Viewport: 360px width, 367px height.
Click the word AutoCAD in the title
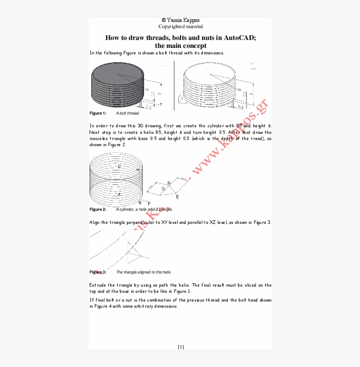[x=239, y=38]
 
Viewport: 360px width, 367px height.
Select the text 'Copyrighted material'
[x=180, y=26]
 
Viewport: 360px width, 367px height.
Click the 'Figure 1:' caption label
[x=98, y=113]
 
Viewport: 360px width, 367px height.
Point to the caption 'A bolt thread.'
[x=128, y=113]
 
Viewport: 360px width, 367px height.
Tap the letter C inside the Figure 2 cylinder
[x=119, y=167]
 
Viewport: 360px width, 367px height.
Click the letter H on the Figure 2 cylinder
[x=138, y=169]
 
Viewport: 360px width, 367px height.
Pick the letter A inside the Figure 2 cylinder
[x=119, y=194]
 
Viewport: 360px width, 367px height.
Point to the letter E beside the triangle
[x=177, y=197]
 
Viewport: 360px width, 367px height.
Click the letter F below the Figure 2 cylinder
[x=149, y=204]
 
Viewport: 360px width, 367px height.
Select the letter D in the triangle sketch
[x=163, y=189]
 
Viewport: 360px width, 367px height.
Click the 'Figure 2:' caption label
[x=98, y=209]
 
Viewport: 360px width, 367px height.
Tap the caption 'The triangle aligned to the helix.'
[x=144, y=272]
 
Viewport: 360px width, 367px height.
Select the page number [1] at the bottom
[x=180, y=347]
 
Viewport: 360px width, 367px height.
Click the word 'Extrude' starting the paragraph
[x=98, y=285]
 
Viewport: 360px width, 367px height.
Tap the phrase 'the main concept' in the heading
[x=180, y=46]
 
